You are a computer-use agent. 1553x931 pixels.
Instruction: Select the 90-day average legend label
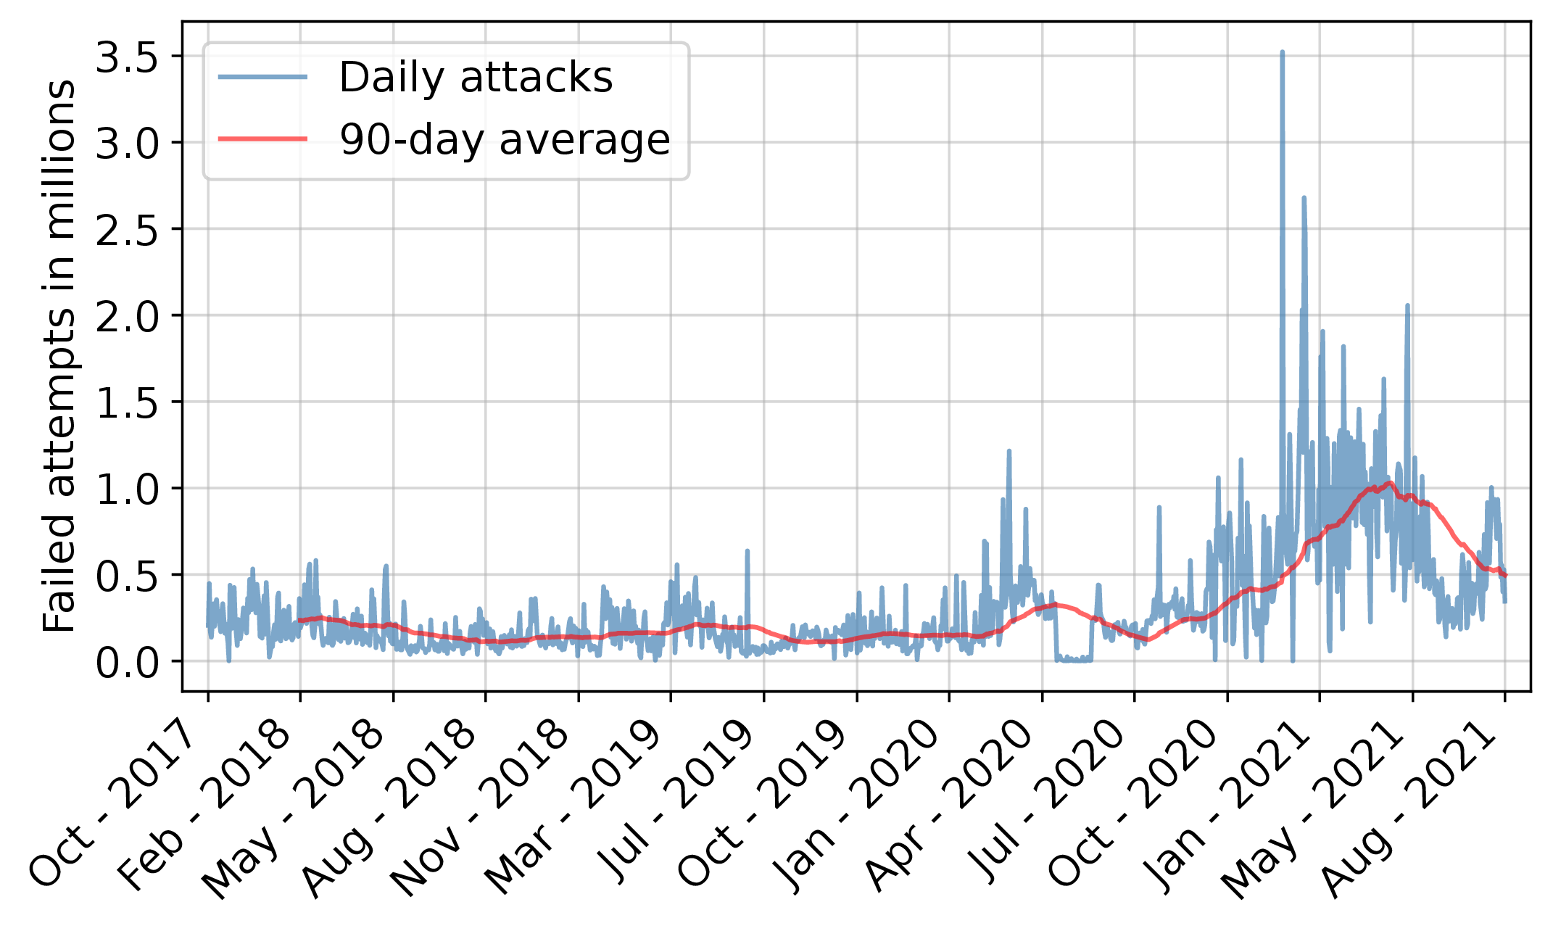click(505, 139)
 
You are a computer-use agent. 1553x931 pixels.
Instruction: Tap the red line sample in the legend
click(262, 138)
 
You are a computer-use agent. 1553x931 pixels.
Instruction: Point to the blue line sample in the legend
click(262, 77)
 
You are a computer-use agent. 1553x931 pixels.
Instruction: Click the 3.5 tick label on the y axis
click(127, 58)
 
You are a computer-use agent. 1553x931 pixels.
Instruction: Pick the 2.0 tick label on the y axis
click(127, 317)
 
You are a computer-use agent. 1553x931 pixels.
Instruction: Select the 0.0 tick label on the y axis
click(127, 663)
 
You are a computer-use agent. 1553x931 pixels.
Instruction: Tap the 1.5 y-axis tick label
click(127, 403)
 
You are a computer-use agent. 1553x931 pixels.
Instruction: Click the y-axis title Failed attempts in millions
click(59, 355)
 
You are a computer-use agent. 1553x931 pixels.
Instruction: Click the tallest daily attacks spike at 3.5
click(1282, 53)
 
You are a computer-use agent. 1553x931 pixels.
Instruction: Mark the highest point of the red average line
click(1389, 482)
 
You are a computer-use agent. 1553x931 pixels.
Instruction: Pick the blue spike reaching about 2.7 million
click(1304, 198)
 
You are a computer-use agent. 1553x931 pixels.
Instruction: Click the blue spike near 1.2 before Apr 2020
click(1009, 452)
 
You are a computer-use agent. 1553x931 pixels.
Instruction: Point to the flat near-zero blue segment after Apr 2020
click(1074, 659)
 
